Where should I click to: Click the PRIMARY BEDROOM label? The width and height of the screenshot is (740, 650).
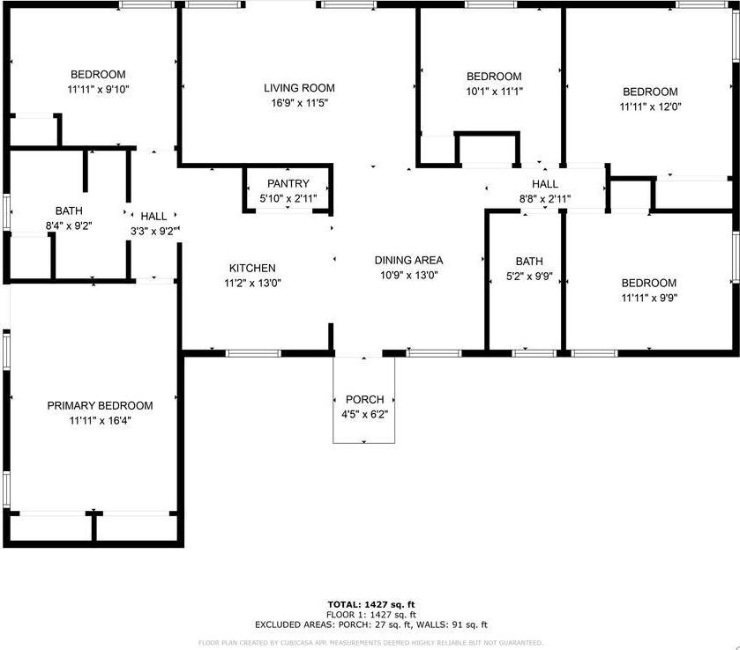coord(100,406)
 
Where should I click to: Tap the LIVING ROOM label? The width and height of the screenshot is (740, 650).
coord(299,88)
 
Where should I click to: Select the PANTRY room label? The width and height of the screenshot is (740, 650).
coord(288,183)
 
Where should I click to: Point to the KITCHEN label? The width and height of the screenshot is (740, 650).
coord(252,269)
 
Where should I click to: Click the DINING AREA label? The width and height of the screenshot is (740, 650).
coord(408,260)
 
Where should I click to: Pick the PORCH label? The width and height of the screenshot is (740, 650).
coord(364,400)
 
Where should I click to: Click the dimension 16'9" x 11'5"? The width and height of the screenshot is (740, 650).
coord(299,103)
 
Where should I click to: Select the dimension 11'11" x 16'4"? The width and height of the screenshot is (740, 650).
coord(100,420)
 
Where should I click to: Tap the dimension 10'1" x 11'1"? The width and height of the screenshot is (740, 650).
coord(494,92)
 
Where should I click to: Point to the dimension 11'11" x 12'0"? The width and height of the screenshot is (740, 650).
coord(650,107)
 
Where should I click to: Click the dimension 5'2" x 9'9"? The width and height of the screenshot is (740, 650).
coord(529,277)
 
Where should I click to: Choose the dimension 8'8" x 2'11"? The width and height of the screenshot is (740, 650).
coord(544,198)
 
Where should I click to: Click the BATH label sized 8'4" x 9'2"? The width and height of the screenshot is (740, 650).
coord(69,211)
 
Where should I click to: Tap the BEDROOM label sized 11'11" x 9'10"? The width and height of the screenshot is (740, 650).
coord(98,75)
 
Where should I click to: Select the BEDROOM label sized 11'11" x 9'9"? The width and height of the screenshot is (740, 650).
coord(649,283)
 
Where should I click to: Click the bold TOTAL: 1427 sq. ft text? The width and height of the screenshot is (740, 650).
coord(370,604)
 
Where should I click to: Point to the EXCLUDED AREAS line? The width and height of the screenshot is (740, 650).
coord(370,624)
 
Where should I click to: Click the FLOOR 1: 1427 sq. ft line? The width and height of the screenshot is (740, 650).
coord(370,614)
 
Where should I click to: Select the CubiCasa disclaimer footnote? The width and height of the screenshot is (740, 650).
coord(370,642)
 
